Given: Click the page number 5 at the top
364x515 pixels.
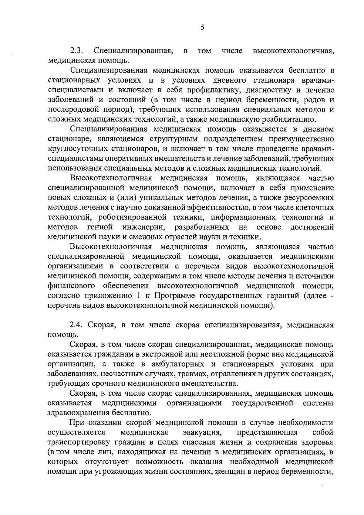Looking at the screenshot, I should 202,28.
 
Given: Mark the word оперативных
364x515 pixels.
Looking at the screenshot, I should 129,159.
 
